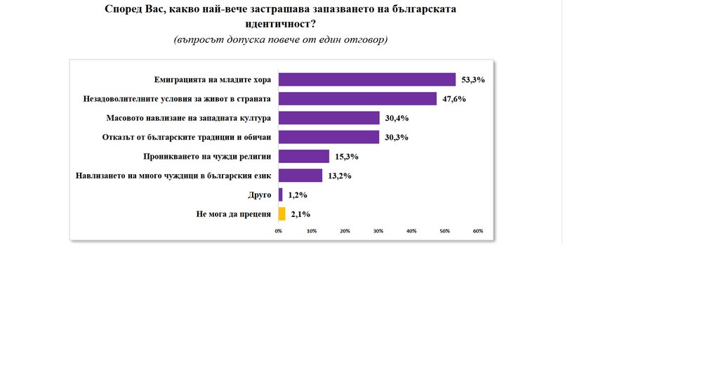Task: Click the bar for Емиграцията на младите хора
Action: click(367, 79)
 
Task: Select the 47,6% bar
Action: click(357, 99)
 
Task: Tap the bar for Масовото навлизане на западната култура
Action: click(329, 118)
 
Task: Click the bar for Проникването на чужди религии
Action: click(304, 157)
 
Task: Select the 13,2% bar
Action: click(300, 176)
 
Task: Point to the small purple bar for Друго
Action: click(281, 195)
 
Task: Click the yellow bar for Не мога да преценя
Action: click(282, 214)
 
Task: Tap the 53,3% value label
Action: click(473, 80)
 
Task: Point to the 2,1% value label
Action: click(300, 214)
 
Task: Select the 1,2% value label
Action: click(298, 195)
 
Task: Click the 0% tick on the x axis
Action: click(279, 231)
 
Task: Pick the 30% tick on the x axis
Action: click(378, 231)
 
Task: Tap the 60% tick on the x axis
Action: click(478, 231)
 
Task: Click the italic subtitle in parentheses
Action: click(280, 40)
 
